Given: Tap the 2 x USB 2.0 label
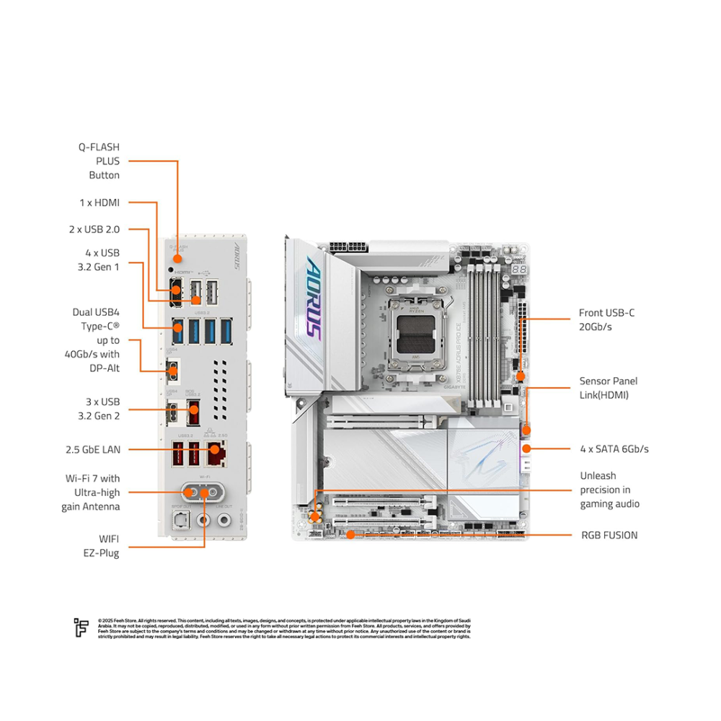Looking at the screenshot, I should pyautogui.click(x=94, y=229).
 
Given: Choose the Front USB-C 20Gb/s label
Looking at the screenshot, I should pyautogui.click(x=606, y=319).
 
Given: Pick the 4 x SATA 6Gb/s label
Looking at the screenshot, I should pyautogui.click(x=614, y=448).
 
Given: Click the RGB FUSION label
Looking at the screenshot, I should pyautogui.click(x=609, y=535).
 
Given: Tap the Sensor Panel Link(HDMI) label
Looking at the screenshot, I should pyautogui.click(x=609, y=388).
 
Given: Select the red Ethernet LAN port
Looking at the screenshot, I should pyautogui.click(x=215, y=453).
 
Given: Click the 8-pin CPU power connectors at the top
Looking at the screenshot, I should pyautogui.click(x=348, y=247).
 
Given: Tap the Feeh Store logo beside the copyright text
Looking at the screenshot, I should pyautogui.click(x=81, y=627).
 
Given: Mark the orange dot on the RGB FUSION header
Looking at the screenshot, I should pyautogui.click(x=350, y=534).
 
